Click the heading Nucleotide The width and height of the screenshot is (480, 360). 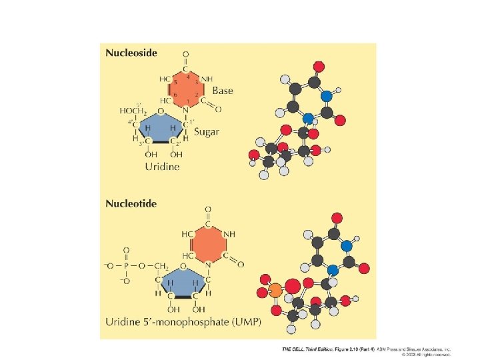[131, 203]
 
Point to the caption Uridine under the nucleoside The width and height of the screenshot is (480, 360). [163, 167]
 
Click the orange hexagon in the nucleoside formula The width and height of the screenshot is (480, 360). [185, 89]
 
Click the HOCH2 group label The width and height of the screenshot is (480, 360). [133, 111]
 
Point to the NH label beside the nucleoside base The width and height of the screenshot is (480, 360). [207, 79]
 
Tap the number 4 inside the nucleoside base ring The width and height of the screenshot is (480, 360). [188, 77]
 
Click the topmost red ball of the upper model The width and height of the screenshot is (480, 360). [319, 66]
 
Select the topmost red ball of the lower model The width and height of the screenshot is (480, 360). [337, 217]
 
